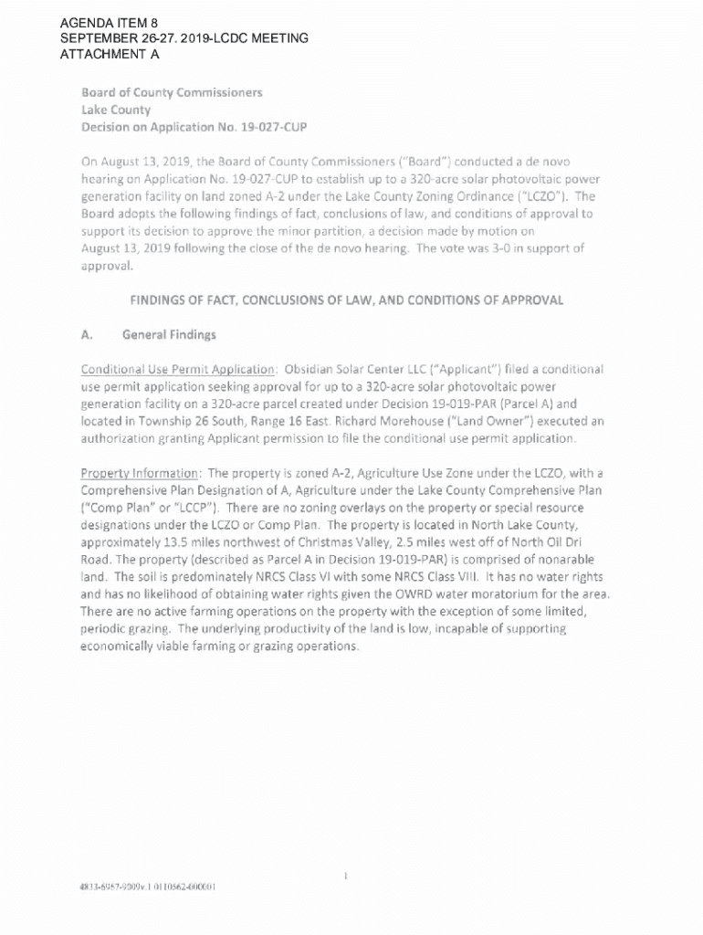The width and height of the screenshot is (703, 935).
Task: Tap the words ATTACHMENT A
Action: click(x=110, y=55)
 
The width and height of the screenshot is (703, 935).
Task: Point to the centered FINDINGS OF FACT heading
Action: click(x=346, y=299)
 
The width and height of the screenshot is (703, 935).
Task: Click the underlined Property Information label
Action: click(x=140, y=473)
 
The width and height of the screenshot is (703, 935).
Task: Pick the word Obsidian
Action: click(x=312, y=369)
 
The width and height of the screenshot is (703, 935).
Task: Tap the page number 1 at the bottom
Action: click(x=346, y=877)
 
